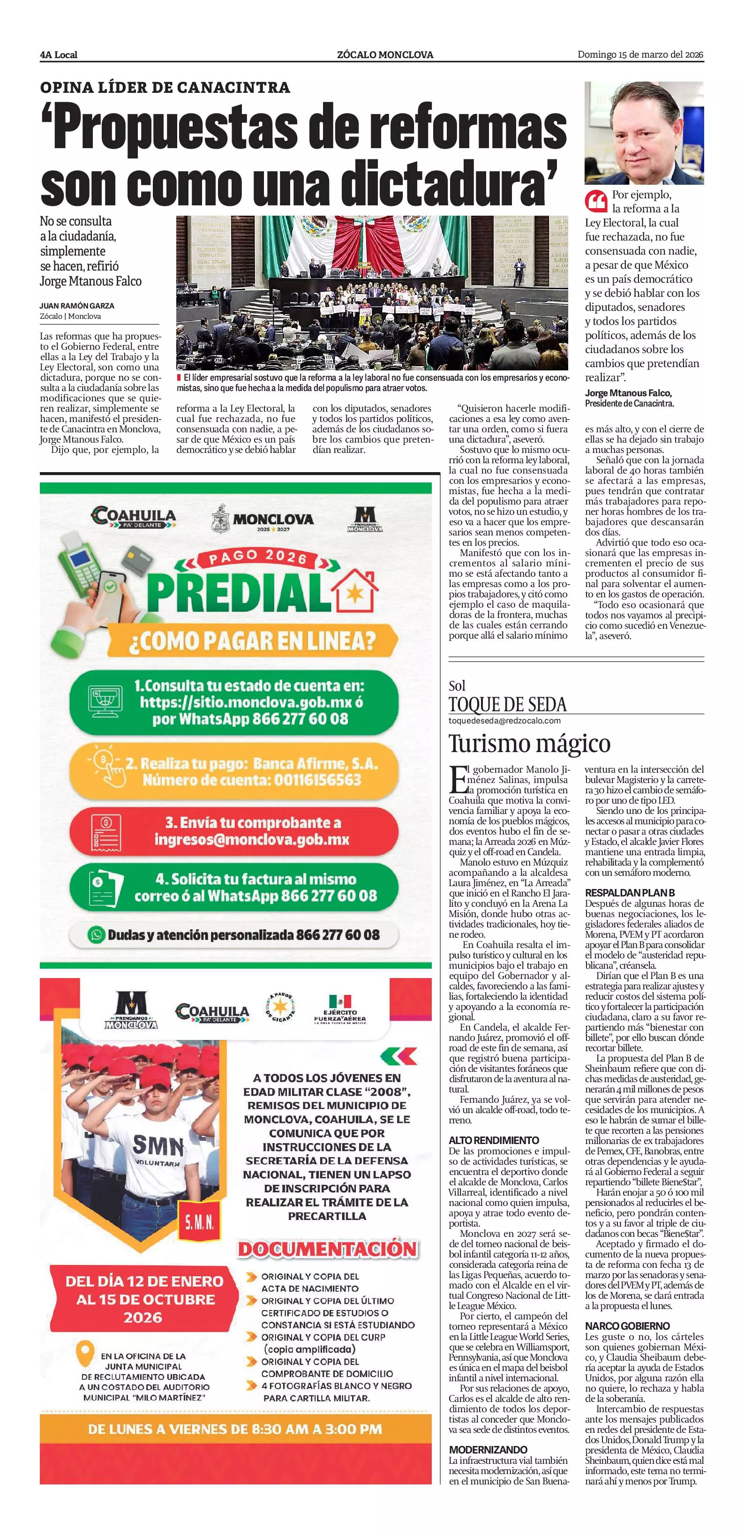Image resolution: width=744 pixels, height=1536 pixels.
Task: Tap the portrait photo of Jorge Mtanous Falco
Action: (644, 133)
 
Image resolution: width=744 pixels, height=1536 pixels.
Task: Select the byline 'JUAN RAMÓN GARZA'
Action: (77, 306)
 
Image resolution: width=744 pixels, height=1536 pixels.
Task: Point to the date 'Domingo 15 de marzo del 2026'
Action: (640, 55)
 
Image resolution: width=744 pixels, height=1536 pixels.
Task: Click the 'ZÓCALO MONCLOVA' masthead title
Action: (385, 55)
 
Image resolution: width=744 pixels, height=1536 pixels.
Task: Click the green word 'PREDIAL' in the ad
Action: (237, 591)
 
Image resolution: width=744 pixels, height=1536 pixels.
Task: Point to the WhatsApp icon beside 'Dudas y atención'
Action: (96, 934)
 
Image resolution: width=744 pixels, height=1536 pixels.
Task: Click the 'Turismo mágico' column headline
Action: (529, 744)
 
